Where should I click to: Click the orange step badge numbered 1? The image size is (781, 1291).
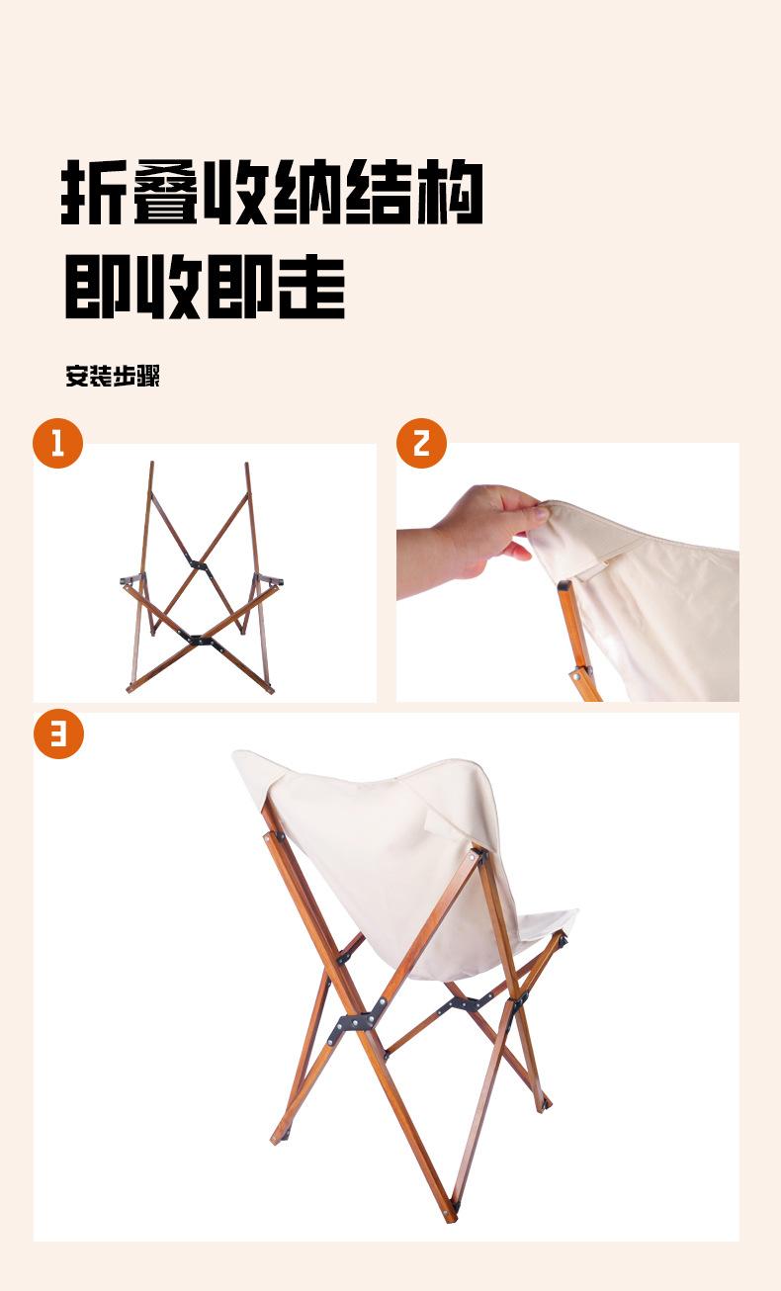[x=57, y=443]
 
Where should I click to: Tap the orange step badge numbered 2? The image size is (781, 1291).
[x=421, y=443]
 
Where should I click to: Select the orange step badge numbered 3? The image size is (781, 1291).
[x=58, y=733]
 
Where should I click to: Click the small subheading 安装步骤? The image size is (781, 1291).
[x=113, y=376]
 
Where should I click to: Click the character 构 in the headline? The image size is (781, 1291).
[x=450, y=192]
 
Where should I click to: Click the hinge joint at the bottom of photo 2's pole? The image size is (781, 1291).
[x=580, y=674]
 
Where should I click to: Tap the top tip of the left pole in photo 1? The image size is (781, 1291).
[x=151, y=464]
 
